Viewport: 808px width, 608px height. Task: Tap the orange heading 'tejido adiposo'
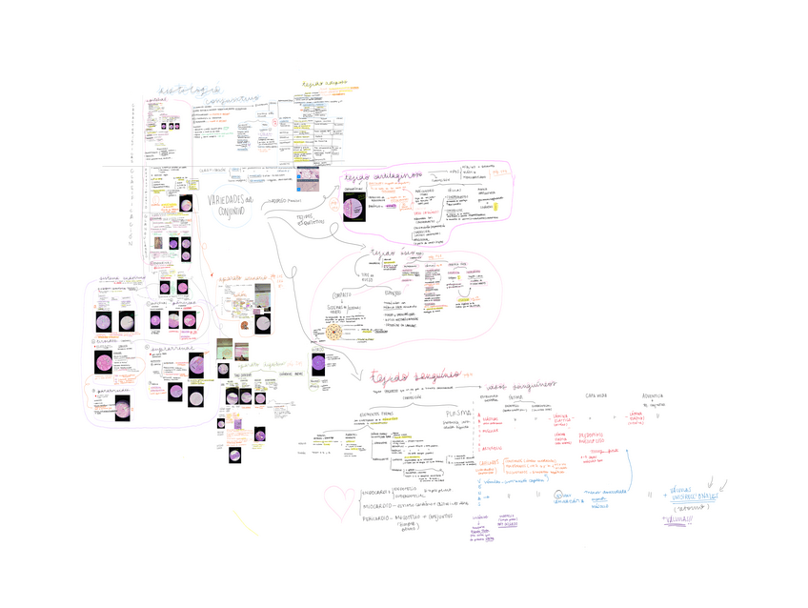pos(320,85)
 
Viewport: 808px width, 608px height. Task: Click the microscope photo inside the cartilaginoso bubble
pos(354,207)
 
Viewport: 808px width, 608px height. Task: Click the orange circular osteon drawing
pos(336,333)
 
